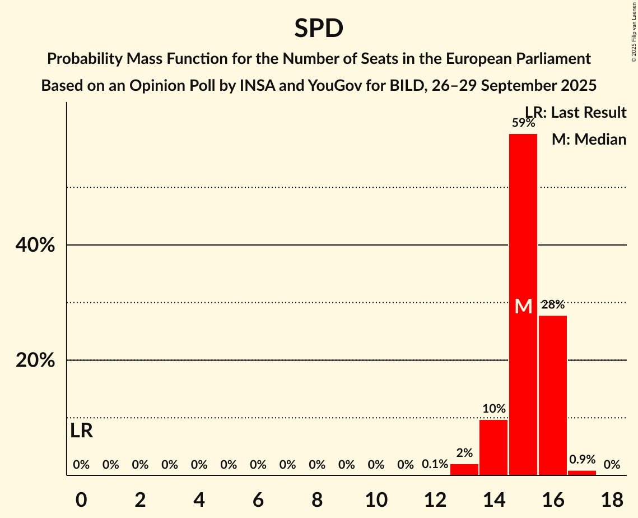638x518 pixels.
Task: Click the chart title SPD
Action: click(x=319, y=28)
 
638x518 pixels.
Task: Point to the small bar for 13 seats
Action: click(x=464, y=470)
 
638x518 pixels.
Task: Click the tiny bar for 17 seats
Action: click(x=582, y=473)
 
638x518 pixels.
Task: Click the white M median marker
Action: click(x=523, y=306)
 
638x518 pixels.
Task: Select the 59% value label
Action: click(x=523, y=123)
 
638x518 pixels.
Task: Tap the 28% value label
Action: click(x=553, y=305)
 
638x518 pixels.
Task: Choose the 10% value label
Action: click(x=493, y=409)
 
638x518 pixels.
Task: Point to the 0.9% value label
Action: click(x=582, y=459)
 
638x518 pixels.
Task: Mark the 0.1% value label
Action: click(x=435, y=464)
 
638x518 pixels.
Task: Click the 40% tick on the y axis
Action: click(x=35, y=245)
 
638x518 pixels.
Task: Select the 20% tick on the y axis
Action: click(x=35, y=360)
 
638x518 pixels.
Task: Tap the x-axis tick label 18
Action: click(x=612, y=500)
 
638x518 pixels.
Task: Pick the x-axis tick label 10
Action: click(x=376, y=500)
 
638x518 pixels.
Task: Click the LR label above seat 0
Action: click(x=82, y=431)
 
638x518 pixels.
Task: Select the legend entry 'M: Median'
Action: click(x=589, y=139)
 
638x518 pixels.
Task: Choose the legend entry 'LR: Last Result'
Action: click(x=576, y=112)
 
